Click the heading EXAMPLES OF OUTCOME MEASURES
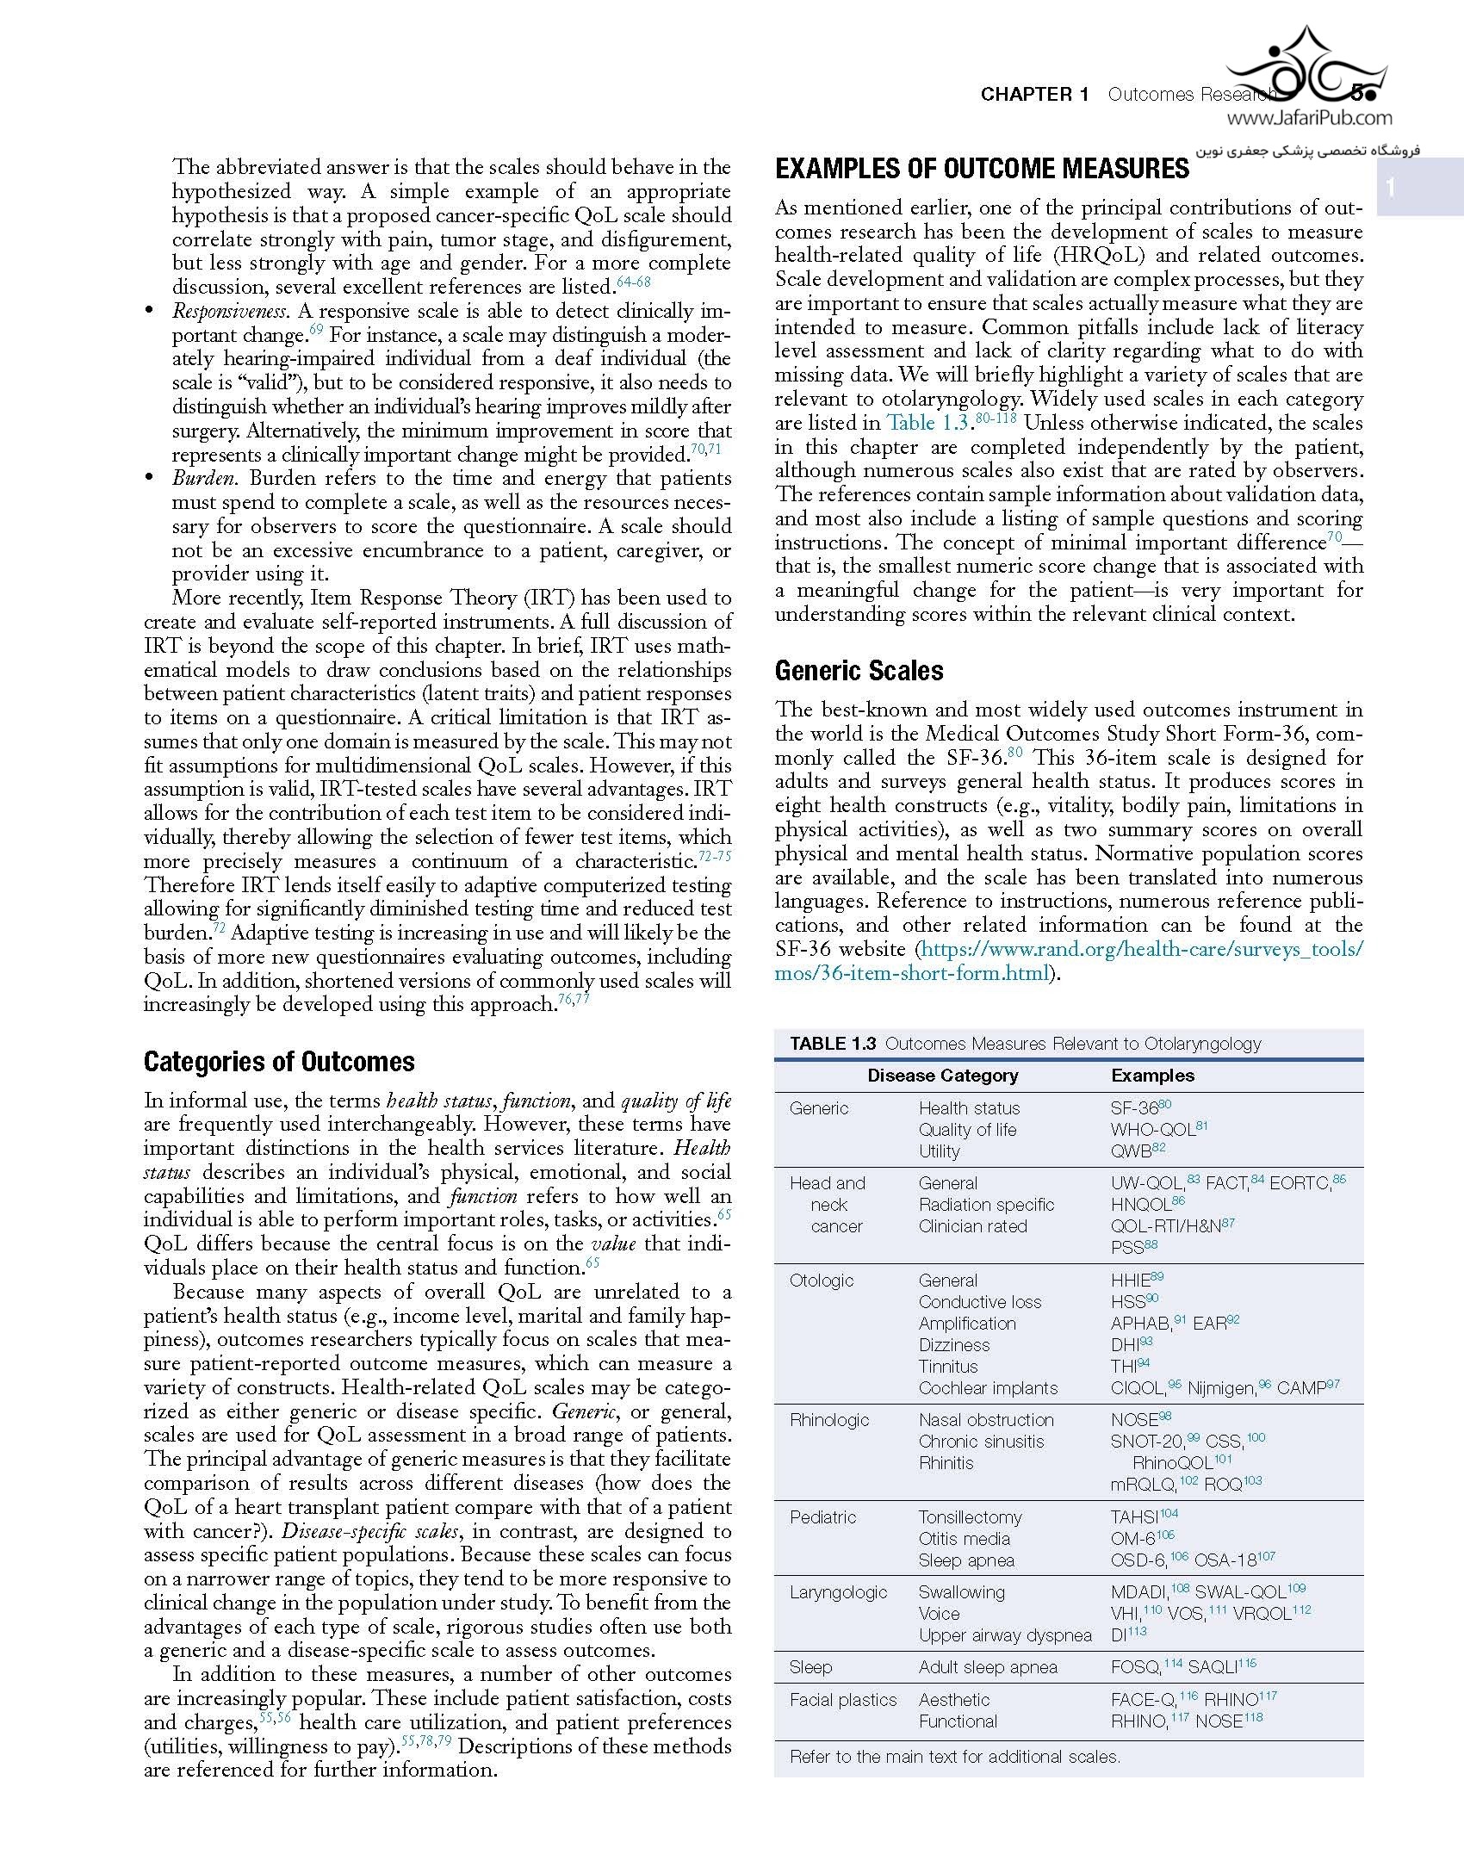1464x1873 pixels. point(982,169)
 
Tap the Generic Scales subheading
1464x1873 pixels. point(859,671)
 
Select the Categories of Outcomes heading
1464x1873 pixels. point(279,1062)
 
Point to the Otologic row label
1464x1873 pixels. point(822,1281)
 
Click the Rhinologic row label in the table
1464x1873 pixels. point(829,1420)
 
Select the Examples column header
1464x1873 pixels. point(1152,1076)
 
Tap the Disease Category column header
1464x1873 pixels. point(942,1076)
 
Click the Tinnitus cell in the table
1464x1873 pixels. point(948,1367)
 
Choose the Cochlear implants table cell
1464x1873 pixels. point(988,1388)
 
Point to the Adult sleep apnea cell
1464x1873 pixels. point(988,1667)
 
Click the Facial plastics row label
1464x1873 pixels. point(843,1700)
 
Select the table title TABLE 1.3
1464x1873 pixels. point(833,1044)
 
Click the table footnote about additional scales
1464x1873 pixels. point(954,1757)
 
